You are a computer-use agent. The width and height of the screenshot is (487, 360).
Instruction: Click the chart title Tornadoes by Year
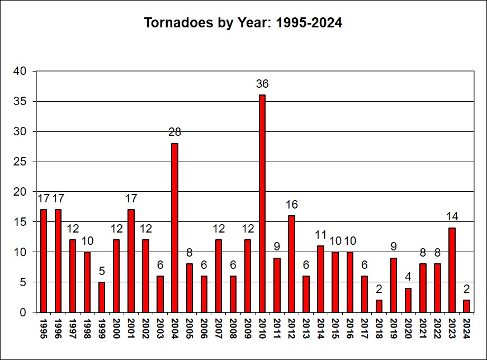243,23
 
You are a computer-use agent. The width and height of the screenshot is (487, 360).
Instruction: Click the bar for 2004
174,228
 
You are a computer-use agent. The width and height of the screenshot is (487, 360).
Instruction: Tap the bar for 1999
102,297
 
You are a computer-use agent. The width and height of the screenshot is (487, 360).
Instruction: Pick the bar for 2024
467,306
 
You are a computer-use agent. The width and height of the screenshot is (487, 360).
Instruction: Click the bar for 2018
379,306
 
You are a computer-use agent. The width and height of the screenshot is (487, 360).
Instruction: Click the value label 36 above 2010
262,84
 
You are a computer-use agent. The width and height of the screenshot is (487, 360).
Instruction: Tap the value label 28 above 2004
174,132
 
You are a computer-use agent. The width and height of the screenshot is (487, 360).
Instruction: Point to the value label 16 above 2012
291,205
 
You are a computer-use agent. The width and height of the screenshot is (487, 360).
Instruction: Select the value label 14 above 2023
452,217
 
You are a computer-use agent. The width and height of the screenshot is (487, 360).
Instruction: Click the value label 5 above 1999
102,271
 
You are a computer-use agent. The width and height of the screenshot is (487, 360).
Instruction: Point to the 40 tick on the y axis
20,72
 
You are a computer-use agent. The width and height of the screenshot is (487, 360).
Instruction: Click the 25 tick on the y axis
20,162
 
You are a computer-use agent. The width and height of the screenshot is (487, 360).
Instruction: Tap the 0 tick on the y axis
23,312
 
